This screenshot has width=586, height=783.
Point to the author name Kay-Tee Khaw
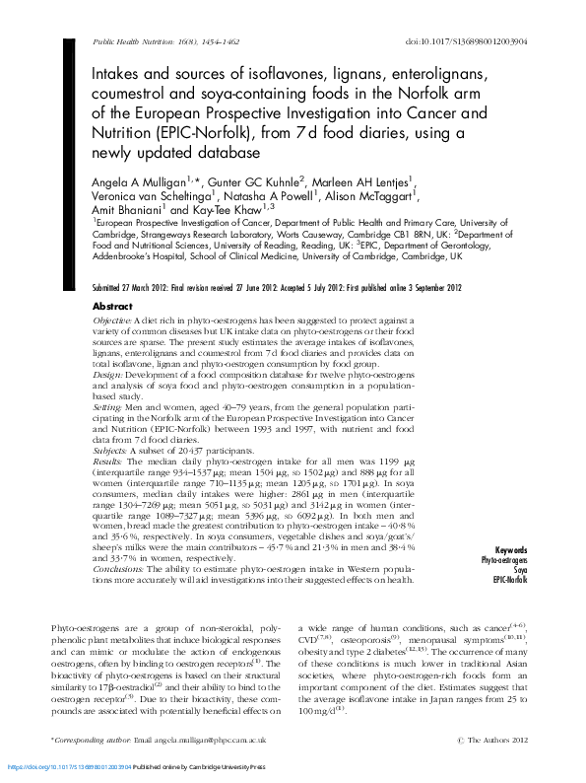(233, 211)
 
